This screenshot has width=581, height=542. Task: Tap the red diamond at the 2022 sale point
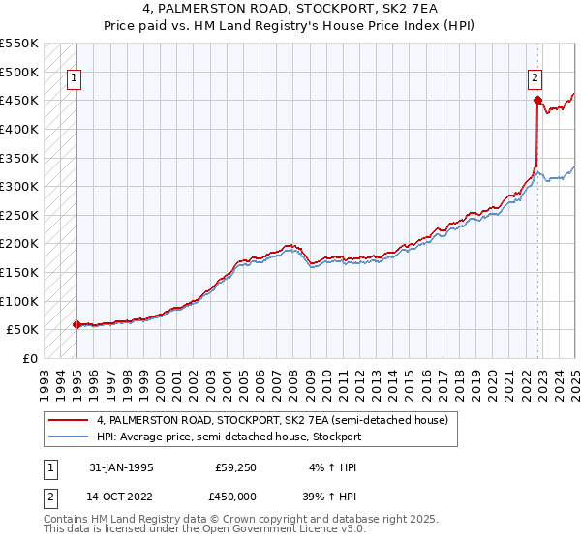pyautogui.click(x=537, y=99)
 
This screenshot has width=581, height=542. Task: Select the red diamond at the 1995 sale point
pyautogui.click(x=76, y=324)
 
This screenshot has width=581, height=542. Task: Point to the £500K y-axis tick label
pyautogui.click(x=20, y=72)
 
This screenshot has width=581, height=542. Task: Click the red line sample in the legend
pyautogui.click(x=69, y=421)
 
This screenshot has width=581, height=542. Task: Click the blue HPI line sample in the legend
pyautogui.click(x=69, y=437)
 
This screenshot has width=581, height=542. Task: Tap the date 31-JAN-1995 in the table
pyautogui.click(x=120, y=467)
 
